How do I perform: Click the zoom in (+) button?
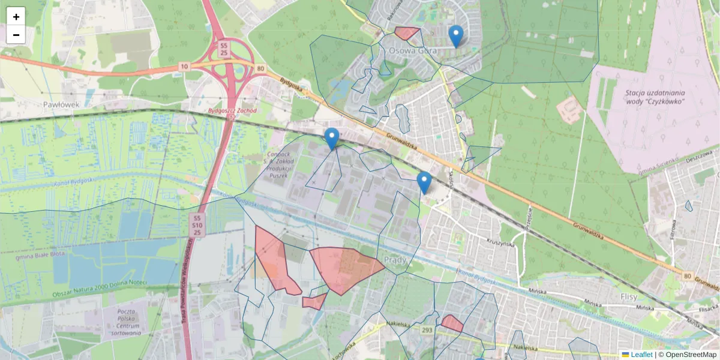point(16,17)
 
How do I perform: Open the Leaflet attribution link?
point(641,355)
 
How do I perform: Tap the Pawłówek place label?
point(61,104)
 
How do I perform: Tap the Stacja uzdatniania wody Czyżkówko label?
point(655,97)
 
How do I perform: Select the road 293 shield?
point(427,330)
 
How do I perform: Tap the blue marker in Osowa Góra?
point(456,36)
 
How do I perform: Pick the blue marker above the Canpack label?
point(331,138)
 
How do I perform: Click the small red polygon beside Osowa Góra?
point(406,33)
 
